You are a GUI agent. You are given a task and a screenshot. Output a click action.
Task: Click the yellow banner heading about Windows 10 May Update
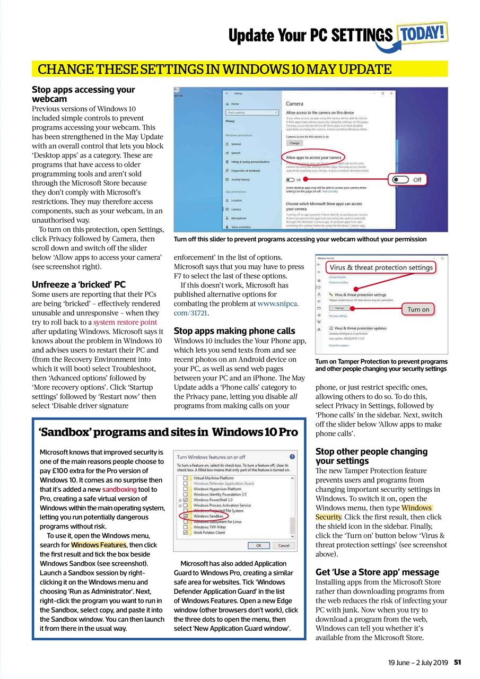[215, 69]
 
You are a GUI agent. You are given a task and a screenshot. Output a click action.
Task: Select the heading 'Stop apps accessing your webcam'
[83, 94]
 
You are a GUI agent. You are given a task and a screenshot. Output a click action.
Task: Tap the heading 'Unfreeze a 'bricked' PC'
[78, 284]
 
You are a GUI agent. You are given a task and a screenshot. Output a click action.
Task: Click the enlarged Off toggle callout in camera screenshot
[407, 180]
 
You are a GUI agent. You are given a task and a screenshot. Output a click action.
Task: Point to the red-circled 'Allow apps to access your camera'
[315, 158]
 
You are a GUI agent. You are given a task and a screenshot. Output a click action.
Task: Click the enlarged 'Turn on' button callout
[418, 309]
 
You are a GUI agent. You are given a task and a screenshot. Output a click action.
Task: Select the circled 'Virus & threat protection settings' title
[381, 267]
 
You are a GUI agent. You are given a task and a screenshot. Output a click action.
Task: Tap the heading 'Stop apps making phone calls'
[234, 330]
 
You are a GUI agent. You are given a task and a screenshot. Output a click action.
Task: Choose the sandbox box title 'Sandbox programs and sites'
[168, 431]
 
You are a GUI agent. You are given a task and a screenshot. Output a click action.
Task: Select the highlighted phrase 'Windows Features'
[98, 545]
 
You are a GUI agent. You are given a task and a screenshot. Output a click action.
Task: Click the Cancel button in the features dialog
[283, 545]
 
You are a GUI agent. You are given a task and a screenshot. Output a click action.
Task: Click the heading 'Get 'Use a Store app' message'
[377, 572]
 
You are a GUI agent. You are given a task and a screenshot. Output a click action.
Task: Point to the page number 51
[457, 662]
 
